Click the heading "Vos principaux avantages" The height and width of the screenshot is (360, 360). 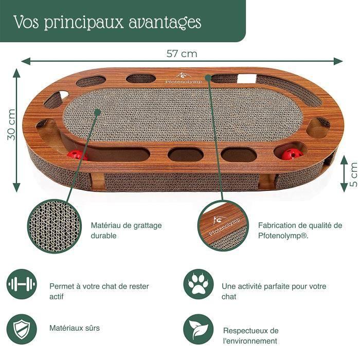point(107,22)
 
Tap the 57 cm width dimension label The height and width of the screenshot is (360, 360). point(181,53)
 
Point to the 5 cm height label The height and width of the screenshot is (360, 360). point(353,174)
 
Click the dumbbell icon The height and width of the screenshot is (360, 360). point(22,285)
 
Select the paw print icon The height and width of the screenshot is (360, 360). point(199,285)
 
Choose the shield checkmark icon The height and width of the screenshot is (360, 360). point(22,328)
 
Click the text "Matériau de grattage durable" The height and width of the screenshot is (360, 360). point(126,230)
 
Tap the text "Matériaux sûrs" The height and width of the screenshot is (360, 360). point(75,328)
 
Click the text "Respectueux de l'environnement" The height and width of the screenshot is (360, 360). point(251,336)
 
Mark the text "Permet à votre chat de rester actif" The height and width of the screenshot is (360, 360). point(99,292)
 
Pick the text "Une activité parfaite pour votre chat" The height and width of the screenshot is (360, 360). point(274,292)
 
